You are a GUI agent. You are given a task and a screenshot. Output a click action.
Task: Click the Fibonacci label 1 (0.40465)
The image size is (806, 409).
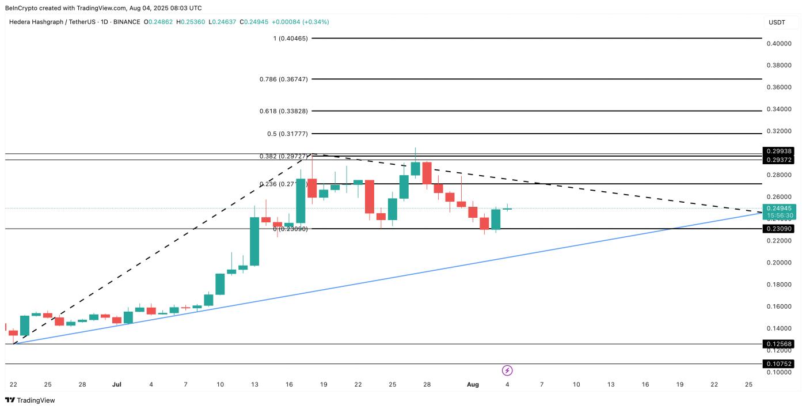tap(290, 39)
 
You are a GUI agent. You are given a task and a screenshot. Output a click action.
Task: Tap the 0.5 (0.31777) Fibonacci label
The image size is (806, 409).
tap(287, 134)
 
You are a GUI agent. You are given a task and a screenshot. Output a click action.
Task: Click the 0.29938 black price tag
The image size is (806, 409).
tap(780, 152)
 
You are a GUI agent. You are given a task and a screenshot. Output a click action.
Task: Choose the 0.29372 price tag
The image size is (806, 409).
tap(780, 160)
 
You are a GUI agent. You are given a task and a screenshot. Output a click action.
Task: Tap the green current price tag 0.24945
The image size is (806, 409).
tap(780, 208)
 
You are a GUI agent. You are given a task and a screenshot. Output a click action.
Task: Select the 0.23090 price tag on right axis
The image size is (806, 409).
tap(780, 229)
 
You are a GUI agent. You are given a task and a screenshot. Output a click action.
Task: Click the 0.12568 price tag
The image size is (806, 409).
tap(780, 344)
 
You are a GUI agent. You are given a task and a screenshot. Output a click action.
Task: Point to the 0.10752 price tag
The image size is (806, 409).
tap(780, 364)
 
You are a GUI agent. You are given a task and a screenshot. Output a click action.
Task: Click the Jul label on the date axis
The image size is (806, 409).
tap(117, 384)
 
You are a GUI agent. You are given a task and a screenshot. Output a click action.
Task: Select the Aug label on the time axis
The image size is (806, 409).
tap(473, 384)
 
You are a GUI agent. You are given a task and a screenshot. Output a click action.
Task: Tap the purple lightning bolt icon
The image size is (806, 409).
tap(507, 370)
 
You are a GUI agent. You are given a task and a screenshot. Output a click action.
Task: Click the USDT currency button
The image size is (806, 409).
tap(777, 22)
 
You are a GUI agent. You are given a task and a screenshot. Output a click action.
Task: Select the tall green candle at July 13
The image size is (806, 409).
tap(254, 241)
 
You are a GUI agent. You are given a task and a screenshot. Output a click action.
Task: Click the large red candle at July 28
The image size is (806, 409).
tap(427, 173)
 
